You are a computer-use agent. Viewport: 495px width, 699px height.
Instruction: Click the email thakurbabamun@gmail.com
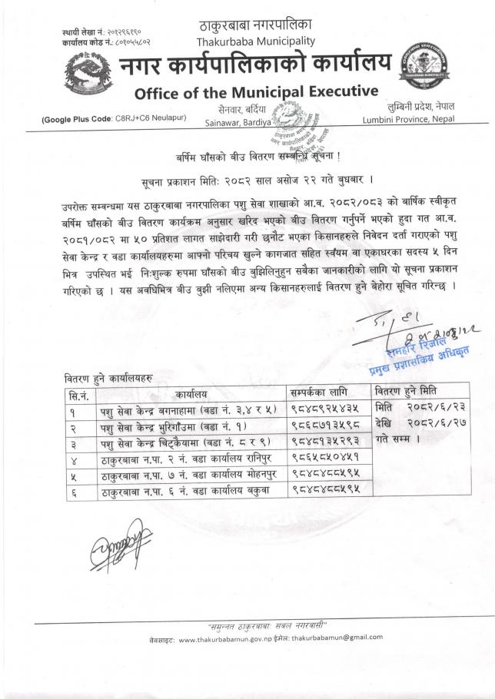(x=341, y=638)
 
